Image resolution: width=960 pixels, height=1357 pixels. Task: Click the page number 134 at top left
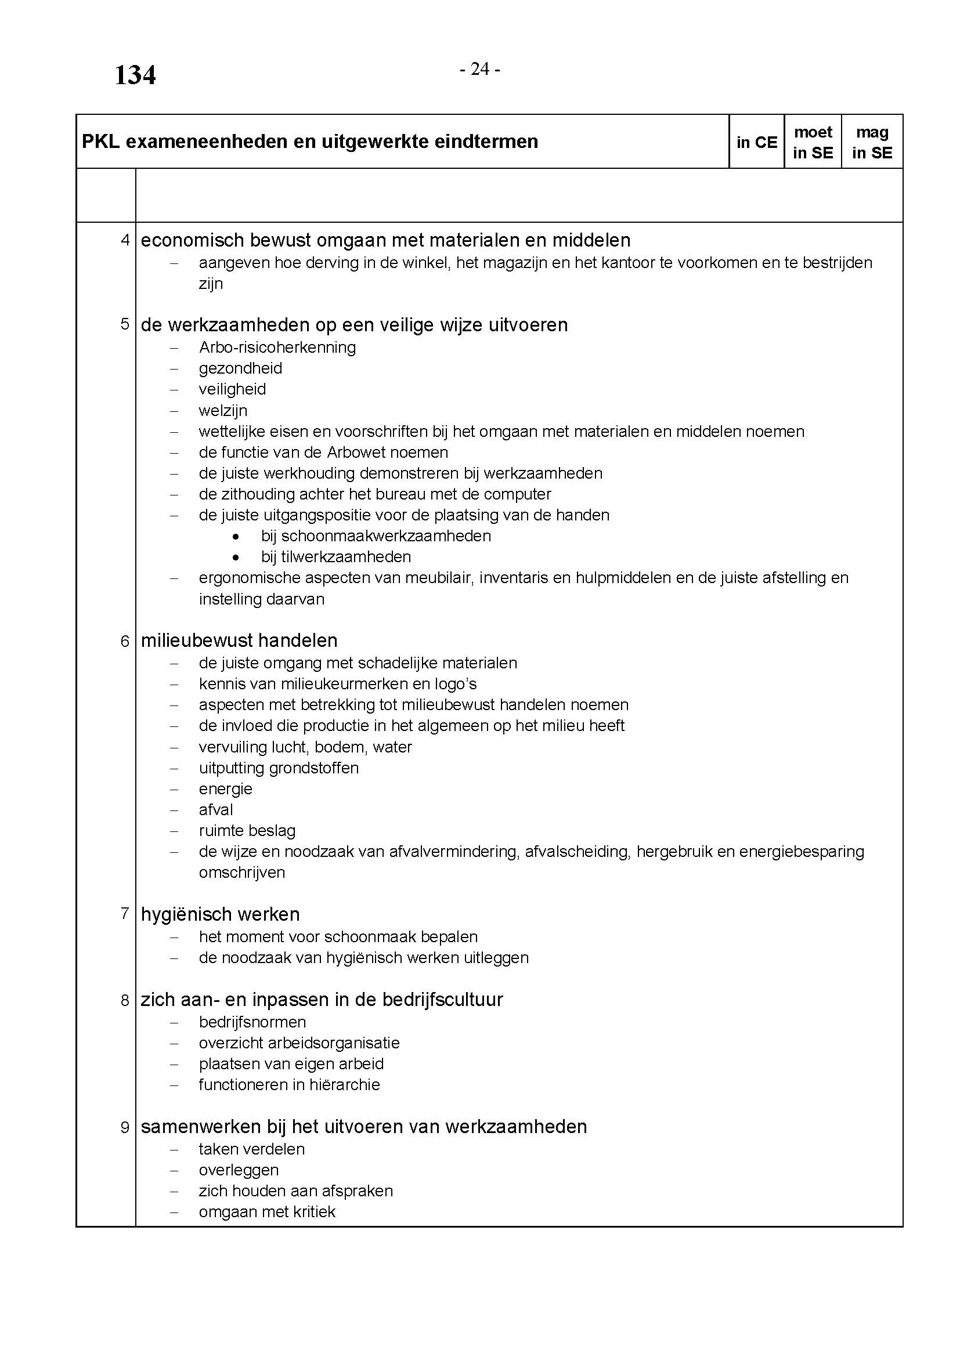coord(135,75)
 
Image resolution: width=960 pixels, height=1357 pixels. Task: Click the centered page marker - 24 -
coord(480,70)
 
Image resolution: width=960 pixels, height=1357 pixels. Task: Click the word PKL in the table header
coord(100,142)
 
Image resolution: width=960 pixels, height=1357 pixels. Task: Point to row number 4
coord(125,240)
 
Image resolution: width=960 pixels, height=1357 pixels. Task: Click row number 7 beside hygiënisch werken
coord(125,914)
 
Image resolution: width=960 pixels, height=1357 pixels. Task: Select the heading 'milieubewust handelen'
coord(239,640)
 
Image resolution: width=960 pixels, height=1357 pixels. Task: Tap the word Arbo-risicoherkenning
coord(277,348)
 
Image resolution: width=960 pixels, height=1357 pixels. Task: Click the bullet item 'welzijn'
coord(223,410)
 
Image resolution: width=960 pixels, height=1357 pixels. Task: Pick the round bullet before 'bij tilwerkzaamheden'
coord(236,558)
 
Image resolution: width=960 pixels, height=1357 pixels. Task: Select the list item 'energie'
coord(225,789)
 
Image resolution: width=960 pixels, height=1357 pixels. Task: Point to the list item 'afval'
coord(216,810)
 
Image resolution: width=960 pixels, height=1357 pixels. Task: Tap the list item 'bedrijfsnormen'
coord(252,1022)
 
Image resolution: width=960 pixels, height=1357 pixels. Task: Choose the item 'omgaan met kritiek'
coord(267,1212)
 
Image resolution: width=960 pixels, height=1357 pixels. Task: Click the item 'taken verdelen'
coord(252,1149)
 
